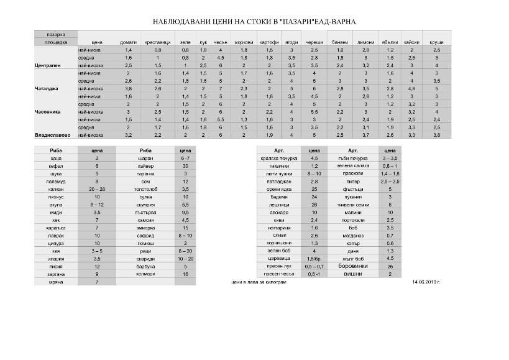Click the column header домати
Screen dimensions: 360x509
pyautogui.click(x=128, y=42)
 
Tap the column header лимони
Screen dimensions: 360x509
pyautogui.click(x=365, y=42)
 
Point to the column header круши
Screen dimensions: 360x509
pyautogui.click(x=436, y=42)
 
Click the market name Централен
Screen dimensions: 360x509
pyautogui.click(x=49, y=65)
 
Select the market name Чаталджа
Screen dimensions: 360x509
pyautogui.click(x=47, y=88)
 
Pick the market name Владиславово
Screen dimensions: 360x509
pyautogui.click(x=53, y=134)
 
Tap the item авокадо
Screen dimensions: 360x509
pyautogui.click(x=278, y=212)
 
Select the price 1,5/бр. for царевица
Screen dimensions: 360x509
pyautogui.click(x=313, y=258)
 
